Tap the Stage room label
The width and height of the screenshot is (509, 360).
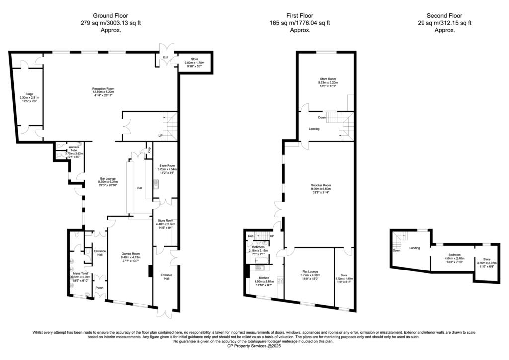coord(29,94)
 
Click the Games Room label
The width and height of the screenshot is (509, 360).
coord(132,253)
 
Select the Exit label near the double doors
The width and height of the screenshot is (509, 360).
coord(166,58)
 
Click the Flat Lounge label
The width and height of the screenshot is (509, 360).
coord(309,272)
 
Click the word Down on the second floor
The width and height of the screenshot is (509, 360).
coord(396,251)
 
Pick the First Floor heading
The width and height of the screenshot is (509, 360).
coord(300,16)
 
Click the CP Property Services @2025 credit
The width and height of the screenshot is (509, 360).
coord(254,346)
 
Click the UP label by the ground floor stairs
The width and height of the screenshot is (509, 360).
coord(160,135)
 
